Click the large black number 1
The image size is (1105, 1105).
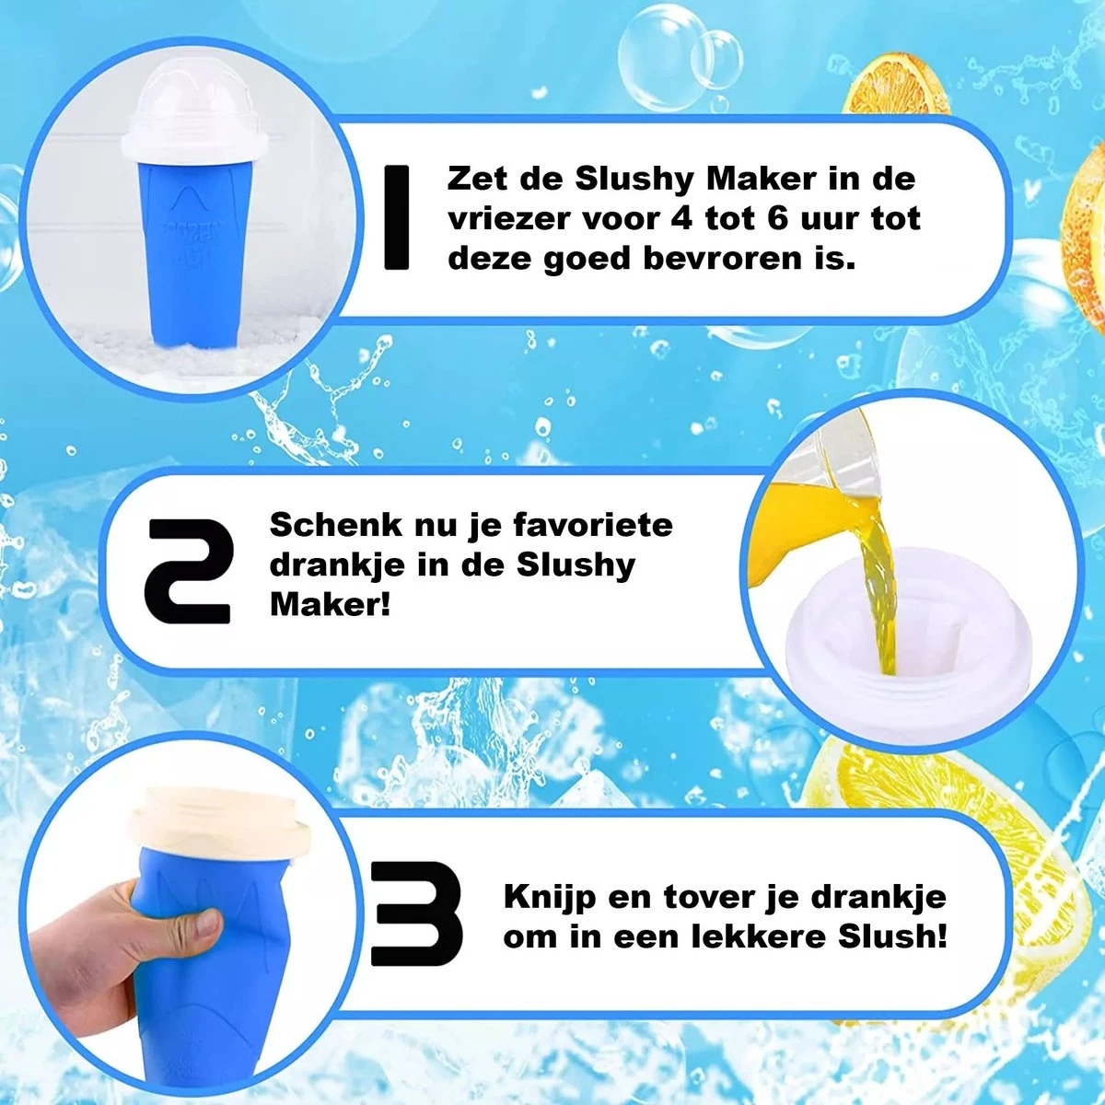[396, 217]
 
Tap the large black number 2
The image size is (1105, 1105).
[191, 571]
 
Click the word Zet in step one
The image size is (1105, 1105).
[477, 179]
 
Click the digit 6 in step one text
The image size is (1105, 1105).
[777, 218]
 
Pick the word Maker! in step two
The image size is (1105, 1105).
[331, 604]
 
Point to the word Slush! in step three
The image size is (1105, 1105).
[892, 937]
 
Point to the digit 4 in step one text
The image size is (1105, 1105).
[682, 218]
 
